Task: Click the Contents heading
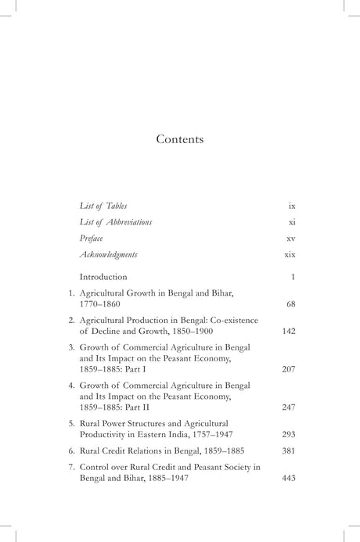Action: click(179, 140)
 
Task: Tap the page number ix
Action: click(291, 206)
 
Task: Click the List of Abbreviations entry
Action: click(116, 222)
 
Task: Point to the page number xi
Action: click(291, 222)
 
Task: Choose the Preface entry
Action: click(92, 239)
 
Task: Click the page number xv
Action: click(290, 239)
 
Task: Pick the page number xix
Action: click(290, 255)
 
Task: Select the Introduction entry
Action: click(103, 277)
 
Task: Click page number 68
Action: click(289, 303)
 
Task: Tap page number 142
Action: click(288, 331)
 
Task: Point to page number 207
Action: click(288, 368)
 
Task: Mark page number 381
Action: click(288, 451)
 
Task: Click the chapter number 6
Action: click(71, 451)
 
